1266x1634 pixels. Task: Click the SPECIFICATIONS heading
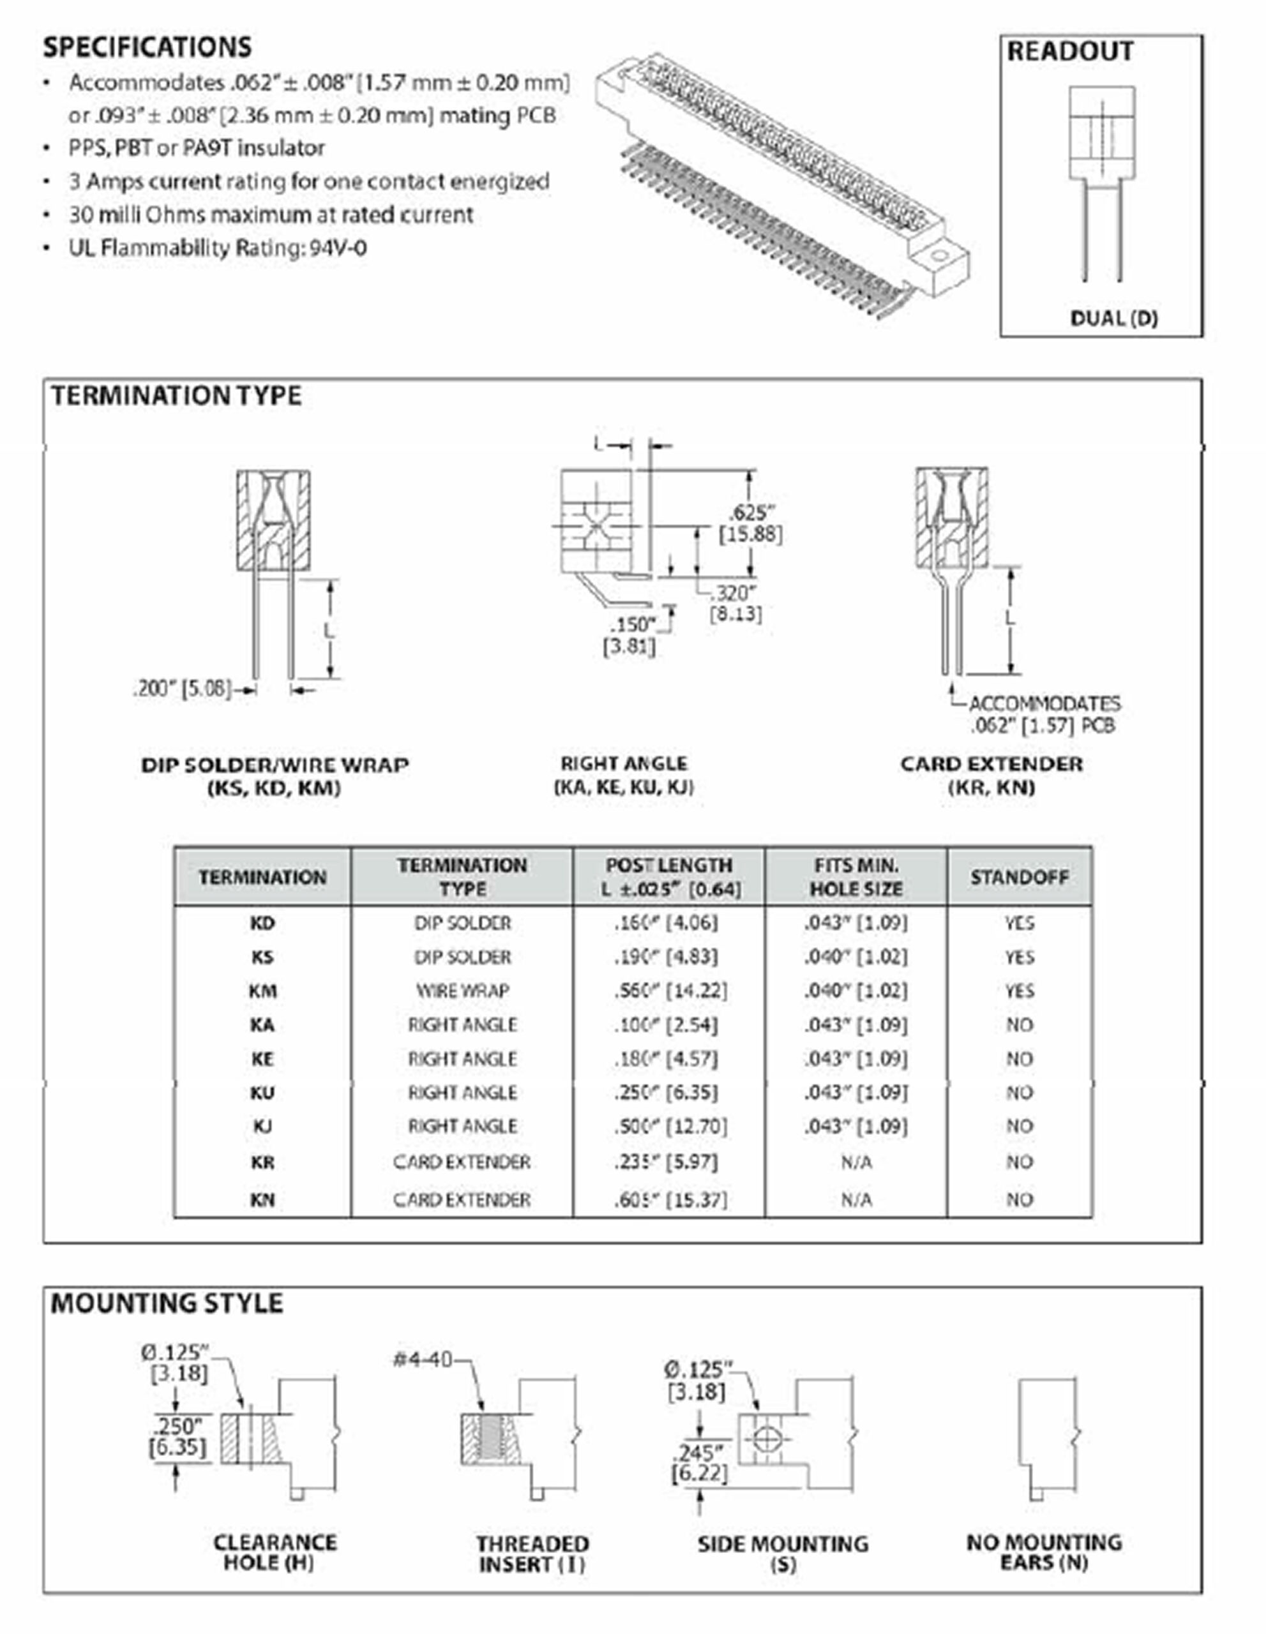click(147, 47)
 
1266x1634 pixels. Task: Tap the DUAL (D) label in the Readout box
click(1113, 318)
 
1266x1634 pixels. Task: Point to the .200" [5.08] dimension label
click(182, 688)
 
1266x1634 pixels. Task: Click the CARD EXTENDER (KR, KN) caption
click(991, 775)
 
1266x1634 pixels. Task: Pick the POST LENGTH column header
click(669, 876)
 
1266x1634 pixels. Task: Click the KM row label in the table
click(262, 991)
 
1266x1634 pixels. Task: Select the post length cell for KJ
click(670, 1126)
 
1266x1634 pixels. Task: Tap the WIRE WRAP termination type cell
click(462, 991)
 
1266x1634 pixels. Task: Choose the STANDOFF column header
click(1019, 877)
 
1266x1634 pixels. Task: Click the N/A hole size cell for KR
click(856, 1162)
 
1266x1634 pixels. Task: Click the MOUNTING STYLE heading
click(166, 1303)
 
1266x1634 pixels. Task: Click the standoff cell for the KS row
click(1019, 957)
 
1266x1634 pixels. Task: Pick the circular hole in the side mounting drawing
click(765, 1438)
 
